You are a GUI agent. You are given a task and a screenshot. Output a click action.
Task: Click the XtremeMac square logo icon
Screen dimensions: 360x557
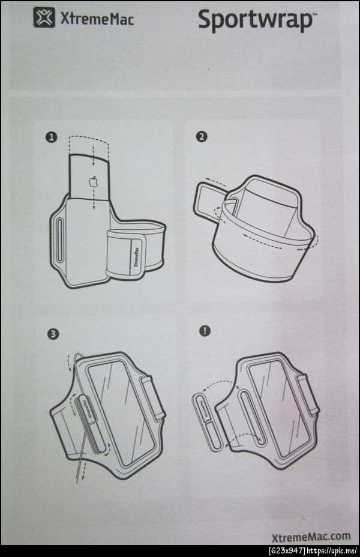tap(44, 17)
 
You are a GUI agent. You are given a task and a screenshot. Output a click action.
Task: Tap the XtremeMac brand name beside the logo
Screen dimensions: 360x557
tap(97, 19)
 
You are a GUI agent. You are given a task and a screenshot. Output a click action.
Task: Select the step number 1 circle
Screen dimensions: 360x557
tap(52, 137)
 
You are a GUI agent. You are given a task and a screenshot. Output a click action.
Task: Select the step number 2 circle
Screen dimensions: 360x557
tap(202, 136)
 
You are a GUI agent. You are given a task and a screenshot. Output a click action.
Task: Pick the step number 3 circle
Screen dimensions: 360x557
tap(53, 334)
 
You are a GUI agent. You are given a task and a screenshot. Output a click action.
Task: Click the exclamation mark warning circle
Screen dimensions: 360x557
tap(205, 331)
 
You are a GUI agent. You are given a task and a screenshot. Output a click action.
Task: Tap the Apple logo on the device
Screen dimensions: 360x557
tap(93, 181)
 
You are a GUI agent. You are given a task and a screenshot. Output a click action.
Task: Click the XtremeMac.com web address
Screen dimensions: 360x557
tap(311, 536)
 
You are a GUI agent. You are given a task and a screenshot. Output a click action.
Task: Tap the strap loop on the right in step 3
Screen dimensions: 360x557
tap(152, 397)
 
